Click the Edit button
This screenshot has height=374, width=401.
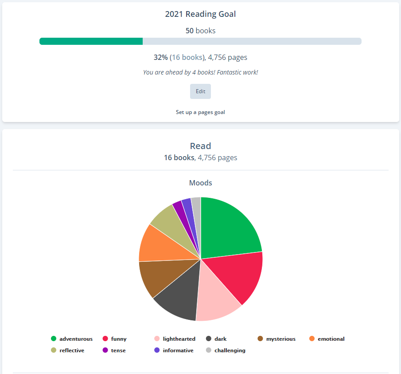point(200,91)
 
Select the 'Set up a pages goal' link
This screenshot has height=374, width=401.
point(200,112)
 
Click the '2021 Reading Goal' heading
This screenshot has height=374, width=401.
point(200,14)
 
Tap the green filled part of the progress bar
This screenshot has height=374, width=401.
point(91,41)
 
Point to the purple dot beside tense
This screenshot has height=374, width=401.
point(105,350)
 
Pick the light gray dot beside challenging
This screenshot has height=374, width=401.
point(209,350)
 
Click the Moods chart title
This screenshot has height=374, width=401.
point(200,183)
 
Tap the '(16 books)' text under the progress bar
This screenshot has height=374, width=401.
point(188,57)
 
